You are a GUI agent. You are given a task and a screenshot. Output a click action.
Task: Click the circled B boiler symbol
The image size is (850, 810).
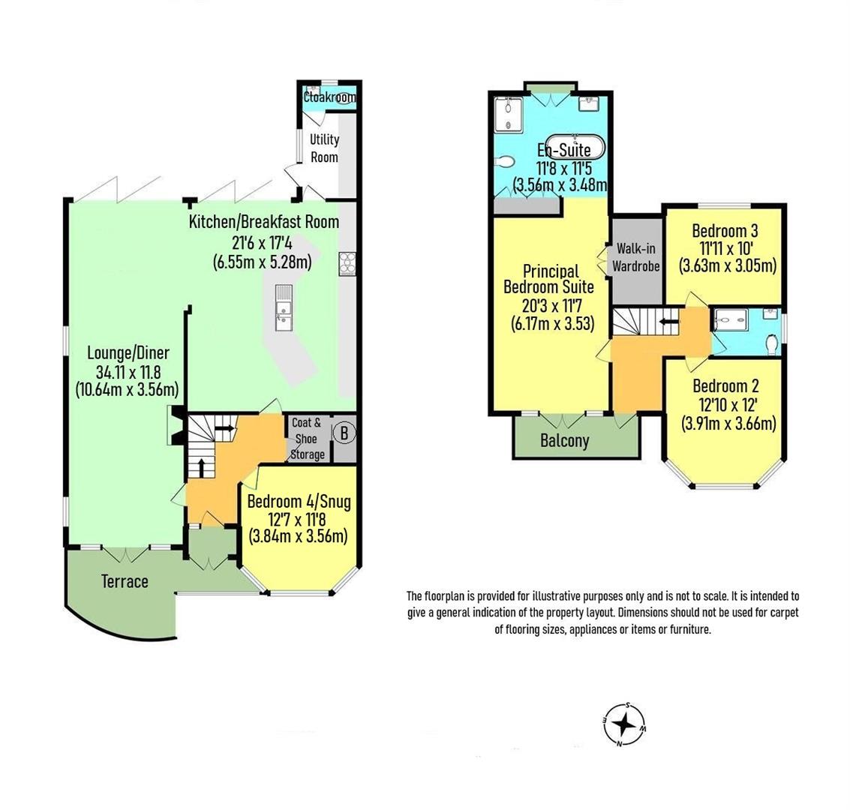coord(344,433)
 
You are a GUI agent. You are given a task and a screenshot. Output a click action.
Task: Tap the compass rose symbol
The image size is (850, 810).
coord(624,724)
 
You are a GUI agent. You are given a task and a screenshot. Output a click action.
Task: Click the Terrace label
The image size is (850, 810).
coord(125,581)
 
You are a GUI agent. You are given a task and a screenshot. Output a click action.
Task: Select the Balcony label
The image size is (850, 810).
coord(564,440)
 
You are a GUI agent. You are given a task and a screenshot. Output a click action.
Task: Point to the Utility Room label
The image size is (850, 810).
coord(324,148)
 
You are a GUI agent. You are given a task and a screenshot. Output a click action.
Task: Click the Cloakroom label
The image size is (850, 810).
coord(329,97)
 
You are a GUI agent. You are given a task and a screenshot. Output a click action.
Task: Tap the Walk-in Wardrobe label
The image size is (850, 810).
coord(636,257)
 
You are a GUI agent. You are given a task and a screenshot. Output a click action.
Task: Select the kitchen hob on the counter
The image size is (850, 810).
coord(347,264)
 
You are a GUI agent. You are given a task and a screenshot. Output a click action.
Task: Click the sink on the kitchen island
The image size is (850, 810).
coord(283,307)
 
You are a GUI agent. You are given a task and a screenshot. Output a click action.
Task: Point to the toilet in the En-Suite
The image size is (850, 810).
coord(505,162)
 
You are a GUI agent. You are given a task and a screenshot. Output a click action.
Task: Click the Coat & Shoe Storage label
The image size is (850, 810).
coord(307,438)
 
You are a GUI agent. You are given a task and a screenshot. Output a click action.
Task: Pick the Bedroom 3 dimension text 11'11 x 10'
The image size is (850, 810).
coord(725,249)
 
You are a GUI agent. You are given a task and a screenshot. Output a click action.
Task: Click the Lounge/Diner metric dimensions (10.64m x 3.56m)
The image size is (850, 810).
coord(128,390)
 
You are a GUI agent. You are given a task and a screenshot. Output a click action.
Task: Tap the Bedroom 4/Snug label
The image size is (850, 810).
coord(299,501)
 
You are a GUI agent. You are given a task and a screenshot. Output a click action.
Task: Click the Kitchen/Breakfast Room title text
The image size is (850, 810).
coord(264,221)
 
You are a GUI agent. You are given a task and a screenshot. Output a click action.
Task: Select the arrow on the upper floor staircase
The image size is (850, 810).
coord(668,321)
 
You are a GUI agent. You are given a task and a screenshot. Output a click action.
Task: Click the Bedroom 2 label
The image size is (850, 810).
coord(726,386)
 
